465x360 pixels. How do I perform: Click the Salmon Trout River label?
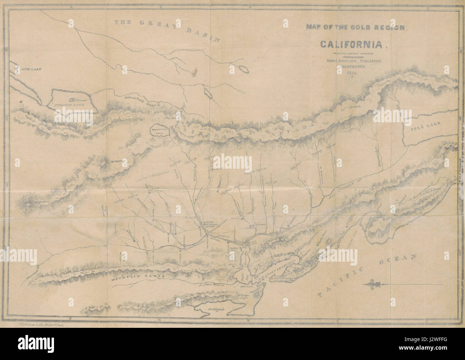130,102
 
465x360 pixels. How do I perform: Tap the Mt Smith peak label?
114,161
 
